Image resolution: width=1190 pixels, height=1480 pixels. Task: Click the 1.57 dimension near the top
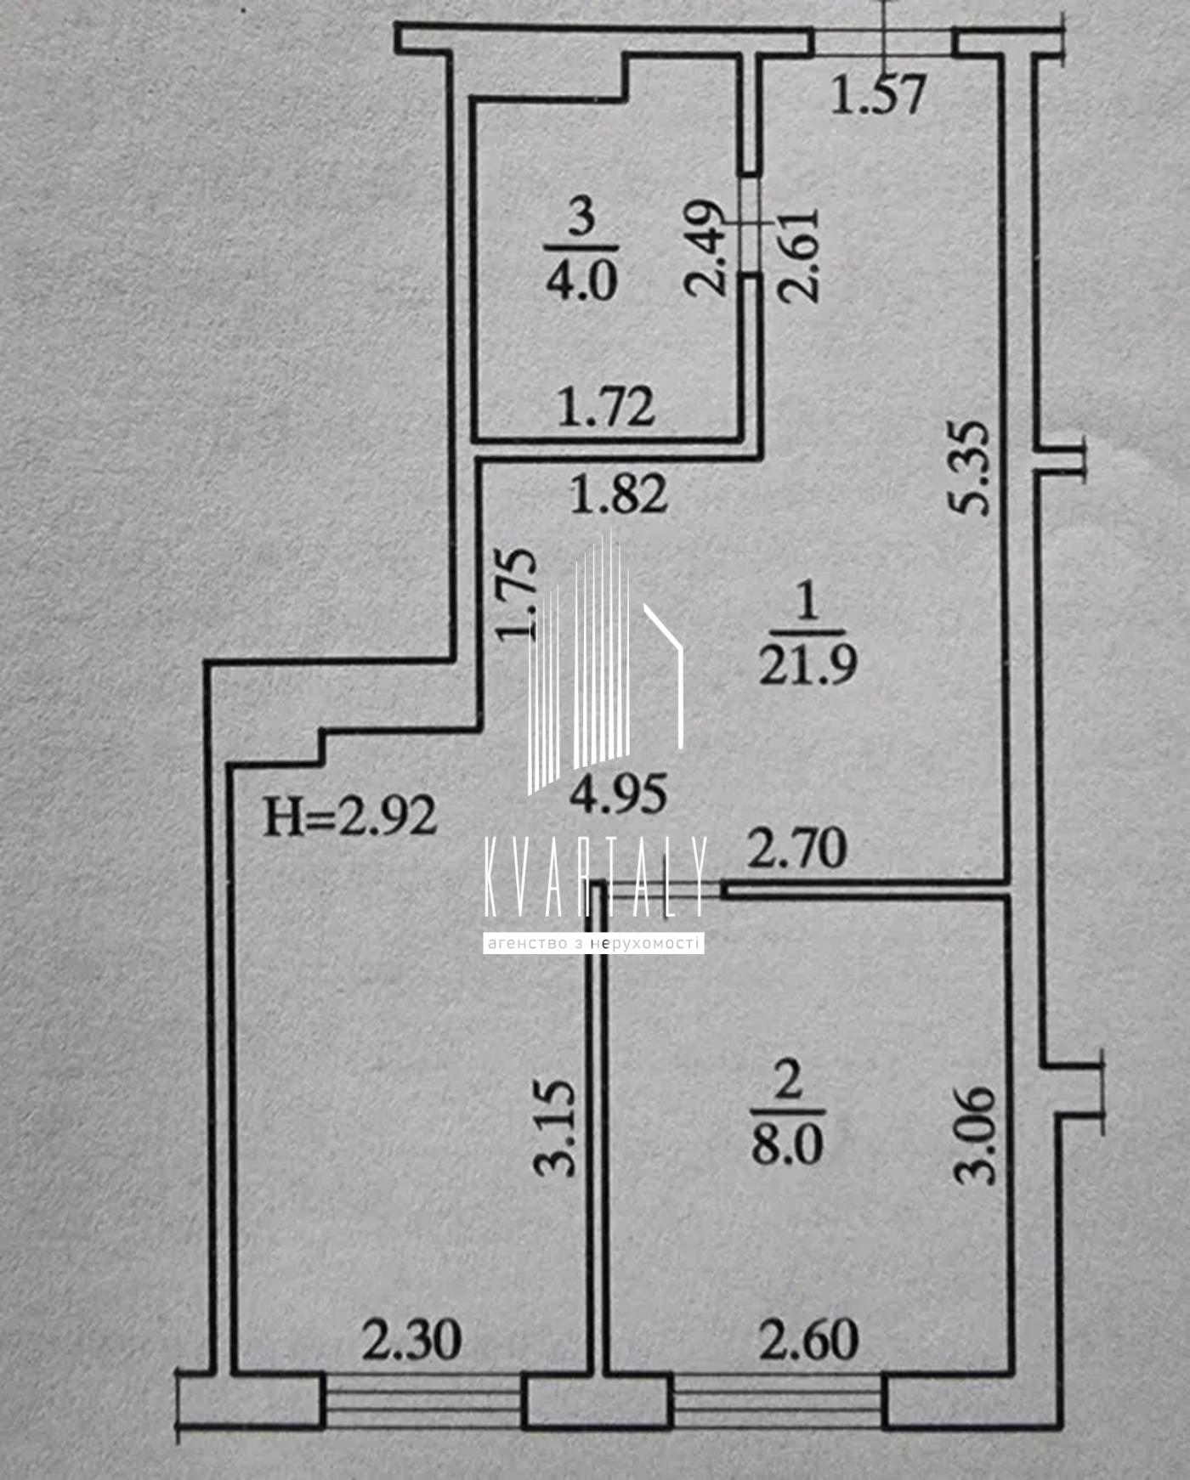(x=877, y=94)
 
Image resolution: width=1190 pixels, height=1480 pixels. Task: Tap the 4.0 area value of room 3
(x=581, y=280)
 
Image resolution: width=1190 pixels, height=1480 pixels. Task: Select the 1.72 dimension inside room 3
(x=606, y=406)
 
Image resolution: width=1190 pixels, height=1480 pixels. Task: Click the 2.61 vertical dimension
(x=799, y=255)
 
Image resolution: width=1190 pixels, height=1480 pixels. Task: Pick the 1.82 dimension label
(x=619, y=494)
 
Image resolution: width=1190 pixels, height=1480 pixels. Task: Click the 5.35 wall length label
(x=970, y=467)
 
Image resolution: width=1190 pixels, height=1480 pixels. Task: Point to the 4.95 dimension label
(x=618, y=794)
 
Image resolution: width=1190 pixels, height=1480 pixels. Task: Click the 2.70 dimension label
(x=796, y=849)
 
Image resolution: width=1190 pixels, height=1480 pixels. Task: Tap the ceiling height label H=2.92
(x=350, y=816)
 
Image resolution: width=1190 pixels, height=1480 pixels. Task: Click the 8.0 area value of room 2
(x=787, y=1144)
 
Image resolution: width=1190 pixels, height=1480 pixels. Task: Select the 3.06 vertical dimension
(x=974, y=1134)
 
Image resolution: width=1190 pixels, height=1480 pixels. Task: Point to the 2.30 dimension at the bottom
(x=412, y=1340)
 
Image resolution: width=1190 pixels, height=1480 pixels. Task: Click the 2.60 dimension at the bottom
(x=808, y=1340)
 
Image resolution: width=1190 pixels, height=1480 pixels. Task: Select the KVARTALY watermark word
(x=594, y=877)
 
